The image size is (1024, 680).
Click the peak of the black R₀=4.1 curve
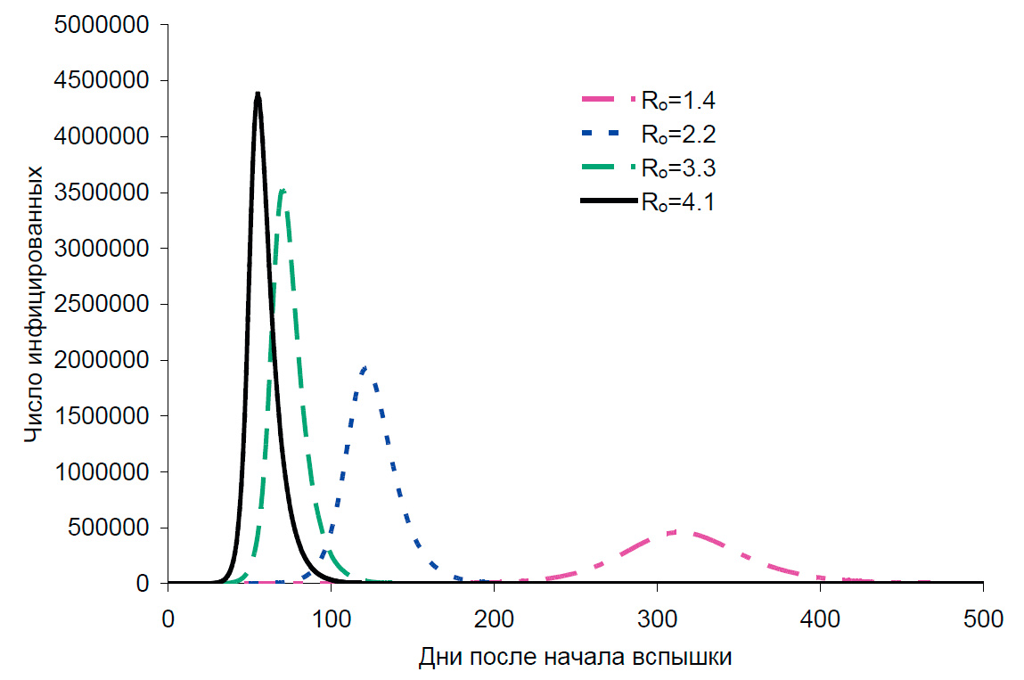[x=258, y=94]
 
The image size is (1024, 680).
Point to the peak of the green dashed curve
[x=282, y=190]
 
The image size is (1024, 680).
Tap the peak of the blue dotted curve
[x=365, y=367]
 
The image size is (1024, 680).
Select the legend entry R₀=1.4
[x=677, y=100]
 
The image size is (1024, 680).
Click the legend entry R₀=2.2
[x=677, y=135]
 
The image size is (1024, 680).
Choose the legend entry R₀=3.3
[x=677, y=168]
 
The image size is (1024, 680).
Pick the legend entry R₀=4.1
[x=677, y=203]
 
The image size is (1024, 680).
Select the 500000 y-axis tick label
[x=111, y=528]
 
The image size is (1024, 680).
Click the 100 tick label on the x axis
[x=331, y=618]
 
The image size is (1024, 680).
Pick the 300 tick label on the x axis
[x=657, y=618]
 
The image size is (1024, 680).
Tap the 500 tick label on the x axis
[x=983, y=618]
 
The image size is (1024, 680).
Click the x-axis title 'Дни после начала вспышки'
[x=575, y=658]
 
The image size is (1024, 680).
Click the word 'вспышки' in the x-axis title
[x=690, y=658]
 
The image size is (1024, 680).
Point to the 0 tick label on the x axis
[x=168, y=618]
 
